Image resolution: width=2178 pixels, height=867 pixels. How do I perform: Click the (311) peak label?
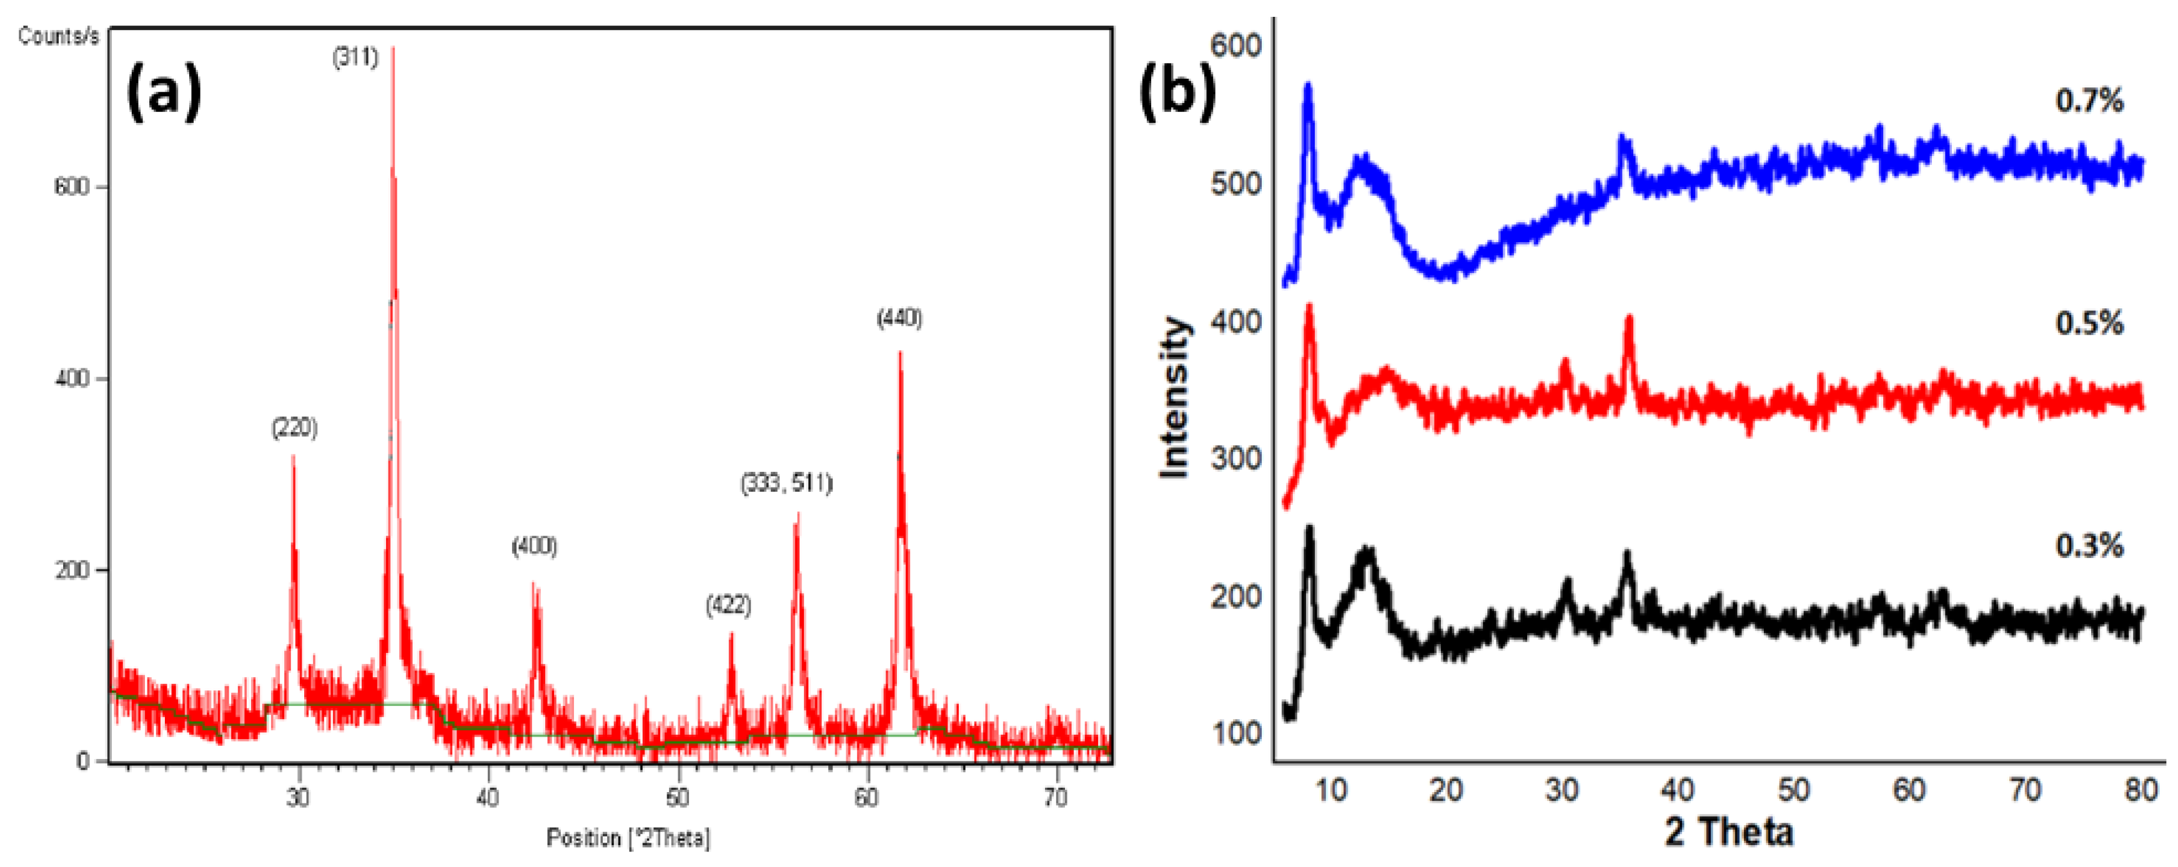pyautogui.click(x=355, y=57)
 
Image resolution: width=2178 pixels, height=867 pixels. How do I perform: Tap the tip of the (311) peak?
pyautogui.click(x=393, y=49)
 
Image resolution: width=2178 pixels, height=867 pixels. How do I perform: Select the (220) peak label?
pyautogui.click(x=294, y=428)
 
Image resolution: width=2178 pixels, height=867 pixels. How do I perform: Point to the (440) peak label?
pyautogui.click(x=899, y=318)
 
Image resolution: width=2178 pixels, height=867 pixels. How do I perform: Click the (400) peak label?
pyautogui.click(x=535, y=547)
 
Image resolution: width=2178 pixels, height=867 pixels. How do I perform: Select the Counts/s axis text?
pyautogui.click(x=58, y=36)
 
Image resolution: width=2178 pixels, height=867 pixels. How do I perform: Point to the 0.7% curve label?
pyautogui.click(x=2089, y=101)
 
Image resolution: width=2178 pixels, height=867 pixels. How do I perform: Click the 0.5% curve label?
pyautogui.click(x=2089, y=323)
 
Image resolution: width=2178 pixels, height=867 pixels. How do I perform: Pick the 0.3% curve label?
pyautogui.click(x=2089, y=546)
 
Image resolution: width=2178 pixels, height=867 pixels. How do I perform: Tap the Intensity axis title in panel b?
pyautogui.click(x=1176, y=397)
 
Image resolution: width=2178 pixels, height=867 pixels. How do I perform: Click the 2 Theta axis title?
pyautogui.click(x=1729, y=831)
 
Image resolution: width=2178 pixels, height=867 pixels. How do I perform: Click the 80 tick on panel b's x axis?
pyautogui.click(x=2141, y=790)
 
